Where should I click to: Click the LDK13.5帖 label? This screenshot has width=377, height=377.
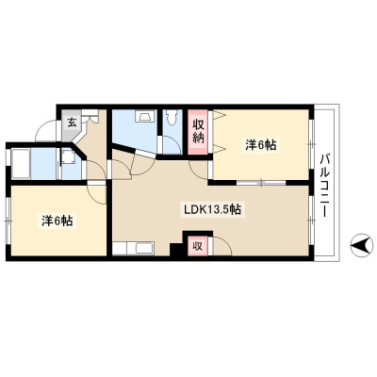(213, 209)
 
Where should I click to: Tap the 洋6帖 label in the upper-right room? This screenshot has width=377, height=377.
(261, 145)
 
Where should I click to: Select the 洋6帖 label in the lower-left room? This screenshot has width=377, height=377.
(57, 221)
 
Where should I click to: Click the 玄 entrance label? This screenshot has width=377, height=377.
(73, 123)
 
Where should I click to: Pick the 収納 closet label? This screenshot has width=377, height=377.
(198, 132)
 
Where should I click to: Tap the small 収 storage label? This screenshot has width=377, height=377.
(197, 246)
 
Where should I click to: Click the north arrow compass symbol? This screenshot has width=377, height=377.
(362, 245)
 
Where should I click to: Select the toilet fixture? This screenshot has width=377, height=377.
(172, 116)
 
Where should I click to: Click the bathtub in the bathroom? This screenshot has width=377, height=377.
(21, 163)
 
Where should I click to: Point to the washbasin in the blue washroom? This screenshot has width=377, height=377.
(145, 116)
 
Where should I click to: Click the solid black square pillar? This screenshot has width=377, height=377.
(176, 250)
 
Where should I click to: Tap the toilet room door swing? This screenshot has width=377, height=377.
(172, 145)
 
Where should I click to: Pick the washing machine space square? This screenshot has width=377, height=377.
(68, 156)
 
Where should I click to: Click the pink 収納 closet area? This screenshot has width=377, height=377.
(198, 132)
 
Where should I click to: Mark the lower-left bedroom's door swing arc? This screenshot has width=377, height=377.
(97, 195)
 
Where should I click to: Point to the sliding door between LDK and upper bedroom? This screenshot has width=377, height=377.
(261, 182)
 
